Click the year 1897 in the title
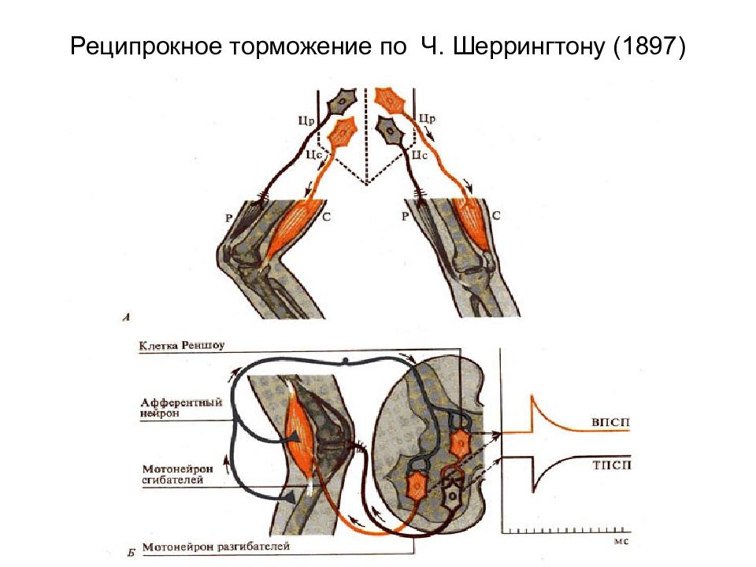point(649,46)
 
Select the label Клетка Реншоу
point(182,346)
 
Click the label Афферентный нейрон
point(181,408)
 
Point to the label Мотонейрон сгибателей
point(177,474)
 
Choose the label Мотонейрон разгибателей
point(216,547)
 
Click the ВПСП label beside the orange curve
point(611,422)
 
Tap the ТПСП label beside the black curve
point(611,465)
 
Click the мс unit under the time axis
point(621,541)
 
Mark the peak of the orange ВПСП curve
point(532,396)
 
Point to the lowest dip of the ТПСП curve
point(533,491)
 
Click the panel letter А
point(127,317)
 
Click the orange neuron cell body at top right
point(391,100)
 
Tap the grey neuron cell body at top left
point(342,101)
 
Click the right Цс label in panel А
point(419,155)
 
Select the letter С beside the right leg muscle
point(496,216)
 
